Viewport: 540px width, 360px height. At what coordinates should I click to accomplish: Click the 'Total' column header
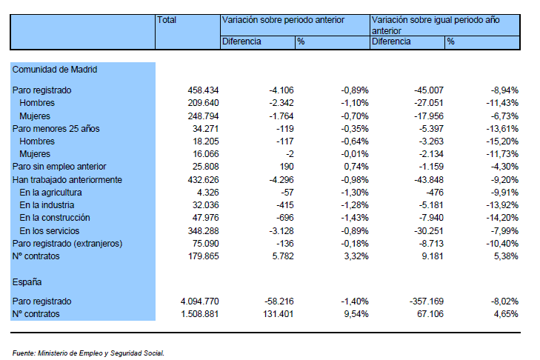pyautogui.click(x=167, y=20)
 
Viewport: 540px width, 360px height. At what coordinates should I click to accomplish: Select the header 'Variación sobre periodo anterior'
pyautogui.click(x=283, y=20)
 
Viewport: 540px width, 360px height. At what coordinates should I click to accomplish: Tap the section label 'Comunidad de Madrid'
pyautogui.click(x=55, y=70)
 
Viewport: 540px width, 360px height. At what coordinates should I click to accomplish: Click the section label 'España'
pyautogui.click(x=27, y=282)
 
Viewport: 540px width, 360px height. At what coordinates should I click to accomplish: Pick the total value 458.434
pyautogui.click(x=203, y=90)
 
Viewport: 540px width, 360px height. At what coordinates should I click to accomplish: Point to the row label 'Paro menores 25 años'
pyautogui.click(x=56, y=129)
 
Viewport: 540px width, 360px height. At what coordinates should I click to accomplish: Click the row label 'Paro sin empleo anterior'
pyautogui.click(x=59, y=167)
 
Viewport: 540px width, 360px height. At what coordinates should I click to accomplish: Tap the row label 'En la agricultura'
pyautogui.click(x=50, y=193)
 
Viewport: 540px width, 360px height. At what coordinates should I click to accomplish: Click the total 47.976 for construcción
pyautogui.click(x=206, y=218)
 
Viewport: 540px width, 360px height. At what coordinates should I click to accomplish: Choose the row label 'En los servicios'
pyautogui.click(x=49, y=231)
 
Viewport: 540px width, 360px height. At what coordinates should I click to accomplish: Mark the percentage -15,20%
pyautogui.click(x=502, y=141)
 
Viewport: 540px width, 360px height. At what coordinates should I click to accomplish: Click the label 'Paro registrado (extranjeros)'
pyautogui.click(x=67, y=244)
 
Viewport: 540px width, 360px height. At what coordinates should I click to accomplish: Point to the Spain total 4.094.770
pyautogui.click(x=200, y=301)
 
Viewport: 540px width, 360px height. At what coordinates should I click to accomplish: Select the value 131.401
pyautogui.click(x=279, y=314)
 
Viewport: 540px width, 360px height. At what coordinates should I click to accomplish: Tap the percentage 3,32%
pyautogui.click(x=356, y=256)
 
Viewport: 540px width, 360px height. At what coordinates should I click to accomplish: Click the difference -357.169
pyautogui.click(x=427, y=301)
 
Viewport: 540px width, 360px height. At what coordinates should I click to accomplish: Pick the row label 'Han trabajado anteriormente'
pyautogui.click(x=67, y=180)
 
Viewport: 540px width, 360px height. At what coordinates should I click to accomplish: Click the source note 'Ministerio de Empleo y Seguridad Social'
pyautogui.click(x=101, y=353)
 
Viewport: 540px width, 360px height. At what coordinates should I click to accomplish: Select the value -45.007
pyautogui.click(x=429, y=90)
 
